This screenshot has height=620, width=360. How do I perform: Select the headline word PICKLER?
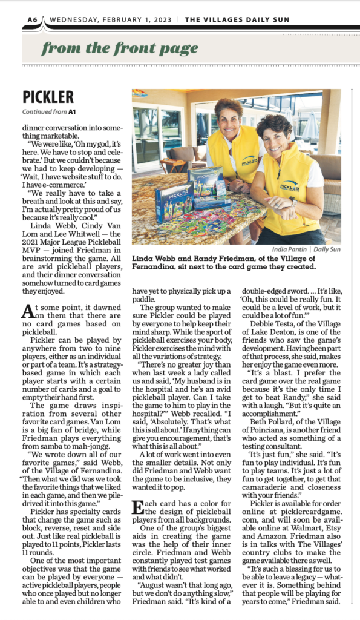tap(48, 97)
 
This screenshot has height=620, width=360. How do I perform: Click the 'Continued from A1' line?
tap(49, 112)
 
